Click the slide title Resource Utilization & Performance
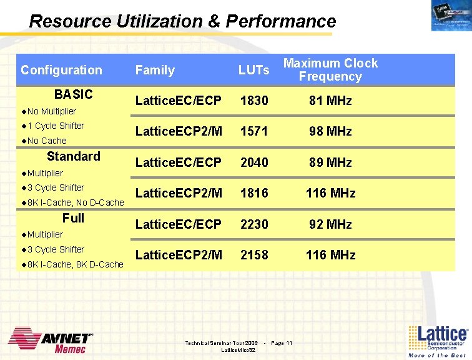tap(182, 22)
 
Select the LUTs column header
tap(253, 71)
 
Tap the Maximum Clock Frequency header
tap(330, 70)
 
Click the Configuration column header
tap(61, 70)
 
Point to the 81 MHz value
tap(330, 101)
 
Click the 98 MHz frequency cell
tap(330, 132)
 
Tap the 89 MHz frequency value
tap(330, 162)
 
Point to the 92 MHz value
tap(330, 224)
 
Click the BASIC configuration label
tap(73, 94)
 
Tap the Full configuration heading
tap(73, 218)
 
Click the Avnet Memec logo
tap(51, 340)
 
